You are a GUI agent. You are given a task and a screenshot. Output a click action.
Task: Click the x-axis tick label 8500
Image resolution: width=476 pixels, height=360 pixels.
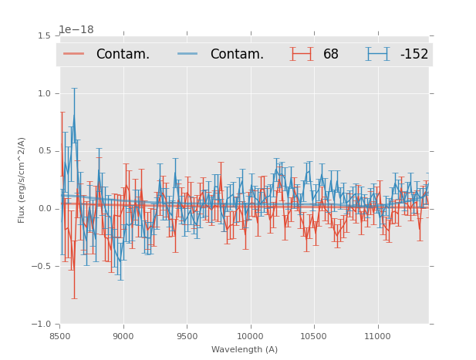[60, 337]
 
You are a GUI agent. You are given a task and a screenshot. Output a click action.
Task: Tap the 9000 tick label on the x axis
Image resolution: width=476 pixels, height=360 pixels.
[123, 337]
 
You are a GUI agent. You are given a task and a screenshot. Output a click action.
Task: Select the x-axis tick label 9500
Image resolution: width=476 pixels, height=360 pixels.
[187, 337]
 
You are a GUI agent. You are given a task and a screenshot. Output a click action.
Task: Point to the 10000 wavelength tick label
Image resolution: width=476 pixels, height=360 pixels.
[250, 337]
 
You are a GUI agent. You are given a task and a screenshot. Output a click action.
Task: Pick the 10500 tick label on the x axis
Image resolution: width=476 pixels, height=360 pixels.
[314, 337]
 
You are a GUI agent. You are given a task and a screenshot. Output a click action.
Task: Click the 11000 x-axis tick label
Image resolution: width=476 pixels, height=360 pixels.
[377, 337]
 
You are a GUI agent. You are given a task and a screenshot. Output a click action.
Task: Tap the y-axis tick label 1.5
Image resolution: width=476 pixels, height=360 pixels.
[44, 36]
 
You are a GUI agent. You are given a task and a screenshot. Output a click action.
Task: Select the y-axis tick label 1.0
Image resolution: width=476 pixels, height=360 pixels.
[44, 93]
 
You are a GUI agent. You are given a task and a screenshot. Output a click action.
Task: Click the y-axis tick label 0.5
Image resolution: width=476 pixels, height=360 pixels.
[44, 151]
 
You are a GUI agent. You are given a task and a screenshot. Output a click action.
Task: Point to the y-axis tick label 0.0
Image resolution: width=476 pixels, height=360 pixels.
[44, 209]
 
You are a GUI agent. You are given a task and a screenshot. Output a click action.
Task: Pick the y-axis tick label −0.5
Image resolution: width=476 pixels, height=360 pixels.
[42, 267]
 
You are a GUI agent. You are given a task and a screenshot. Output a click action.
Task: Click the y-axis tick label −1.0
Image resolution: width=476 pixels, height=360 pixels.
[42, 325]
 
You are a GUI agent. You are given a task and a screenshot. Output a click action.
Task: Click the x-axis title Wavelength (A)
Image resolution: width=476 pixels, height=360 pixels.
[245, 350]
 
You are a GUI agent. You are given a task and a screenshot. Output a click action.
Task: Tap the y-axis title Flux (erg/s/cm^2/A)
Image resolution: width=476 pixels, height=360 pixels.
[22, 180]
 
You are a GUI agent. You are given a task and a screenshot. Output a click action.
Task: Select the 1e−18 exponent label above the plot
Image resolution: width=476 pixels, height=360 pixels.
[76, 30]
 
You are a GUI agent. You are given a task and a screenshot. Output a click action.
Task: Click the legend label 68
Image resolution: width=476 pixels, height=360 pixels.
[331, 55]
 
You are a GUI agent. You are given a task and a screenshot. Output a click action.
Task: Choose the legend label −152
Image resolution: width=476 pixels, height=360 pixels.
[414, 55]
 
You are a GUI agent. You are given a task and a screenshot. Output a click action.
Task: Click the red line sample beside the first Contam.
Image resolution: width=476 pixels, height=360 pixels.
[74, 54]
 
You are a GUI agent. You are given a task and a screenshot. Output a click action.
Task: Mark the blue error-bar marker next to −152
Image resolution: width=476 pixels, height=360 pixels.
[378, 54]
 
